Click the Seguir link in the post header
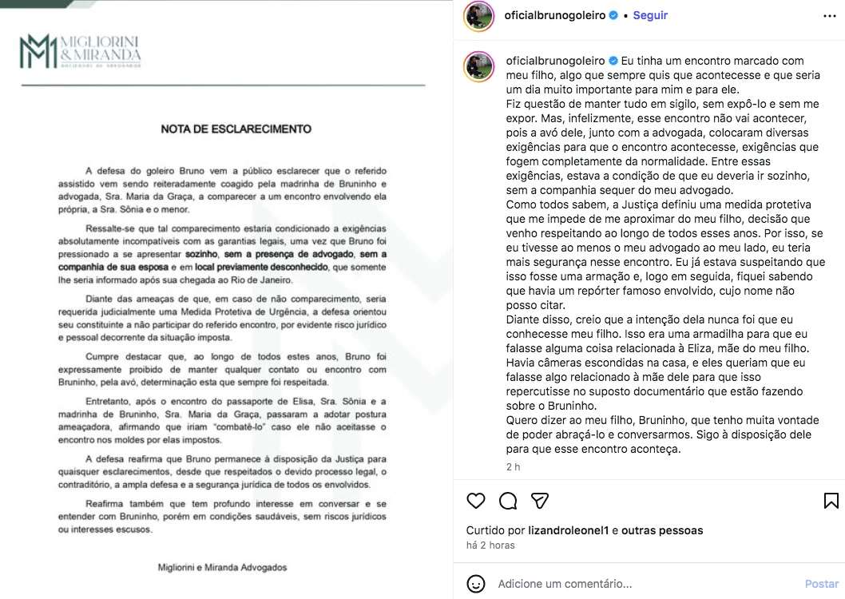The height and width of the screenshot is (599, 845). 650,15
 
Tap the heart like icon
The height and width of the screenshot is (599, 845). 476,501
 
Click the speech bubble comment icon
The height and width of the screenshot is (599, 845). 508,501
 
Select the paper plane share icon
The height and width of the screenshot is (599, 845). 540,501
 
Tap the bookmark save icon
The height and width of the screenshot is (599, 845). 831,501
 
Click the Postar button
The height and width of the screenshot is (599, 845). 822,584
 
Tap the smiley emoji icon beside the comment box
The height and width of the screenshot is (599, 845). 476,583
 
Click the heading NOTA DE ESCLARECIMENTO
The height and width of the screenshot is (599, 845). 236,129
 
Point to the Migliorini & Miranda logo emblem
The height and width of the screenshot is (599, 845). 39,52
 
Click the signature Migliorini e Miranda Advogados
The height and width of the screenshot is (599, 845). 221,568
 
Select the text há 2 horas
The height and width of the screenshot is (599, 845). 490,545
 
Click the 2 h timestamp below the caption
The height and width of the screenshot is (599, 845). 513,467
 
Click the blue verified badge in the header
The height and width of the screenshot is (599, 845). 613,15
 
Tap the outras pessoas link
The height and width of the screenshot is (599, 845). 662,530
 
